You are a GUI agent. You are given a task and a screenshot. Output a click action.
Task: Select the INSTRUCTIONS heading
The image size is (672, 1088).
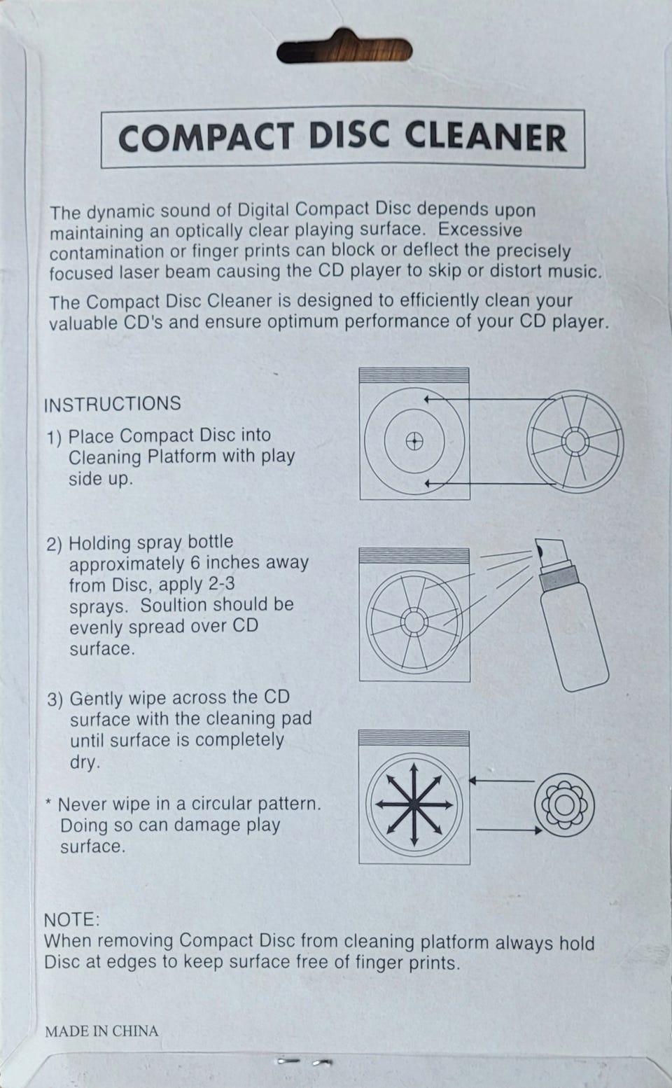pos(112,404)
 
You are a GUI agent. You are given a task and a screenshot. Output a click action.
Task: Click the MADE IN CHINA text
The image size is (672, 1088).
pos(101,1031)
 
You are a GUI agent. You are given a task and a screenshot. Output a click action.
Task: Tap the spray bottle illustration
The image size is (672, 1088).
pos(572,615)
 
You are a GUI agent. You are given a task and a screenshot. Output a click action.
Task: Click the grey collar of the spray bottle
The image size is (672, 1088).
pos(559,578)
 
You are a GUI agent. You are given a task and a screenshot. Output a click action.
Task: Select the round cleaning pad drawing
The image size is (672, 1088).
pos(564,805)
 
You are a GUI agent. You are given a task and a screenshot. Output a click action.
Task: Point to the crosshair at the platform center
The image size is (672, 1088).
pos(414,442)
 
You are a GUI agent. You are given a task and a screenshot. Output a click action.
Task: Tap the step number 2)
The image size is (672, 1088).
pos(55,544)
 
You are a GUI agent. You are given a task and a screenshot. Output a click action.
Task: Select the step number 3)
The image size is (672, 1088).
pos(55,700)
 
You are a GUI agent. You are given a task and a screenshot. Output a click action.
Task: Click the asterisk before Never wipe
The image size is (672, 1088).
pos(48,802)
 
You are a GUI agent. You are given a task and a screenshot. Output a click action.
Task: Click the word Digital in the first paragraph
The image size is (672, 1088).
pos(262,210)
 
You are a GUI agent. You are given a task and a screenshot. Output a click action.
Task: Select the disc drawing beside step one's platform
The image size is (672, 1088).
pos(575,442)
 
